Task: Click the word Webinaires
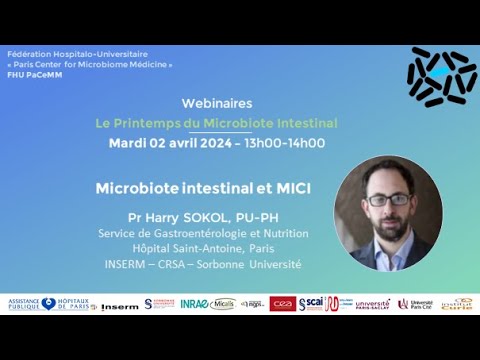216,103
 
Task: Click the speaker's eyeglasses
388,199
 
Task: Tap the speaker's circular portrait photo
388,213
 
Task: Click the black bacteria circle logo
441,76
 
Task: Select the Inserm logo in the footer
120,304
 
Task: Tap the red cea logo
282,303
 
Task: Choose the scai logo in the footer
311,303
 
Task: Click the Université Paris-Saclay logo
372,303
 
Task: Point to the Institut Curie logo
457,303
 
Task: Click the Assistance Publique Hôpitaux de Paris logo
48,303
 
